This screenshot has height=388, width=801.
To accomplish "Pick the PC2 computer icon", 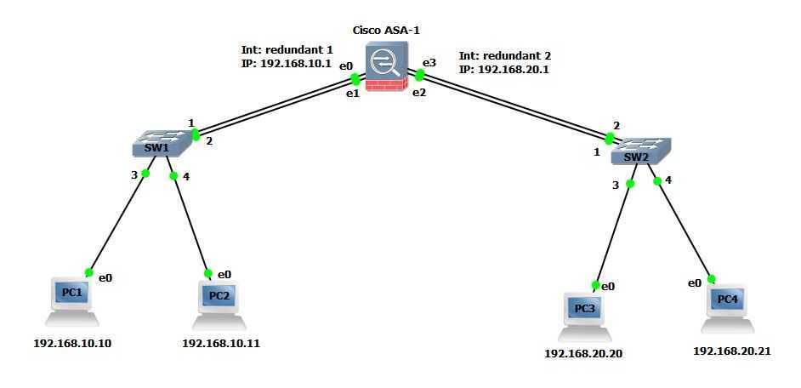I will tap(219, 301).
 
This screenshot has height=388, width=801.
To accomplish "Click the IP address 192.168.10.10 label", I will tap(72, 344).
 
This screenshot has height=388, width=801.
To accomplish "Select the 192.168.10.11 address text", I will tap(221, 344).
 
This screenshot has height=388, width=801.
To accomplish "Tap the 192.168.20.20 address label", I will tap(583, 353).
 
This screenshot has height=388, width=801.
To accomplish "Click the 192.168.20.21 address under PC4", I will tap(732, 351).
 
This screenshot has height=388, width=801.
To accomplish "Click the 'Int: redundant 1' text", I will tap(287, 48).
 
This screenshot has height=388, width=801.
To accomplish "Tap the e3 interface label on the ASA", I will tap(430, 62).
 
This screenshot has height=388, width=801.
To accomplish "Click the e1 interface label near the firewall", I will tap(351, 93).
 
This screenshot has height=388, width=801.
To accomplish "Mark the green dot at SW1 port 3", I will tap(145, 174).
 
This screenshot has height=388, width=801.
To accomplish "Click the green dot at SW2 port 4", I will tap(657, 180).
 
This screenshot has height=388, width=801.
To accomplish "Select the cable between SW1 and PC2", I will tap(190, 224).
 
